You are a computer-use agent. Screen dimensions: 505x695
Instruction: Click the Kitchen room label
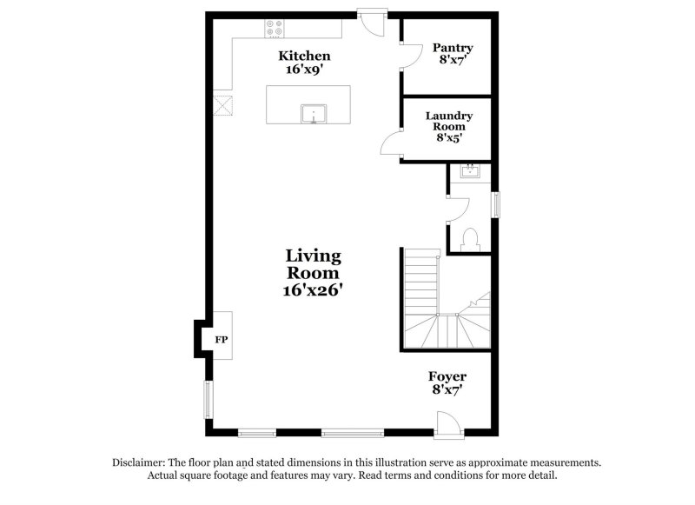(x=304, y=56)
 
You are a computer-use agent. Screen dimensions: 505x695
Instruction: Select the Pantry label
(x=454, y=48)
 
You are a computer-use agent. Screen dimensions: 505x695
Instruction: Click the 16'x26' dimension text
(x=314, y=291)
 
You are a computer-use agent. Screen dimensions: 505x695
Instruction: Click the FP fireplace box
(x=222, y=339)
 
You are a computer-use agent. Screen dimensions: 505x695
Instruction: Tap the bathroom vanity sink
(x=470, y=170)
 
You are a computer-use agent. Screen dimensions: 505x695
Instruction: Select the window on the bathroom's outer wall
(x=496, y=205)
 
